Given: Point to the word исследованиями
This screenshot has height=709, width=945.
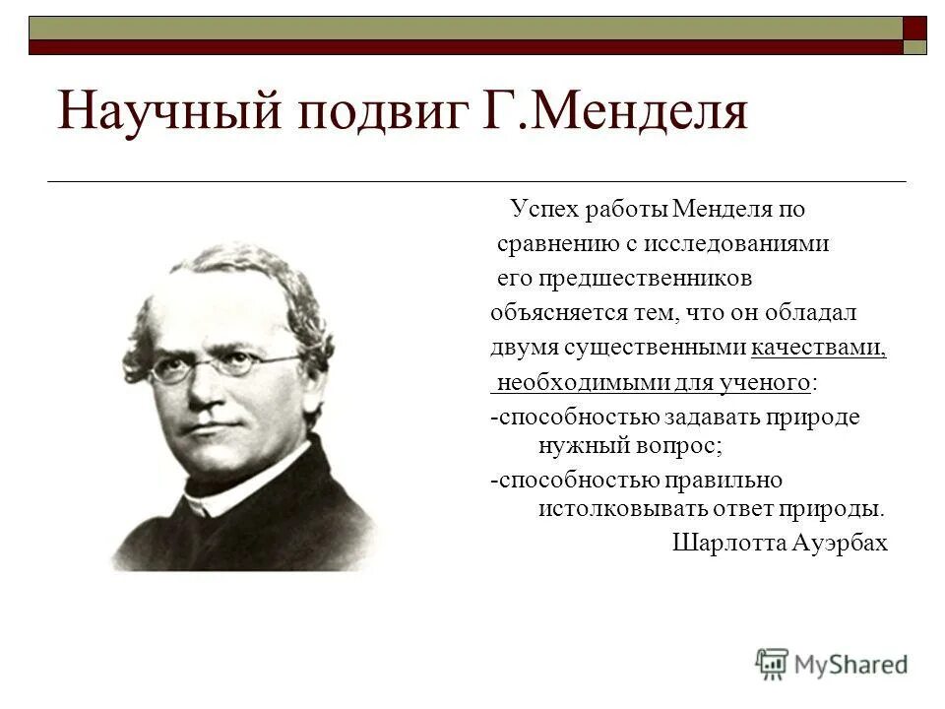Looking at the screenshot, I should coord(751,244).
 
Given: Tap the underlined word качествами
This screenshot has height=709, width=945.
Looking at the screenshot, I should coord(818,348).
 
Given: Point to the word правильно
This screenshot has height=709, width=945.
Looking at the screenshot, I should coord(723,480).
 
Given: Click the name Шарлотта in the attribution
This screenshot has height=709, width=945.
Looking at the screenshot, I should coord(723,543).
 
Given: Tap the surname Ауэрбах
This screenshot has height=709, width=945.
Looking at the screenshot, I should coord(839,543).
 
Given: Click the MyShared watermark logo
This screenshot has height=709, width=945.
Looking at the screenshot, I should coord(832,663).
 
